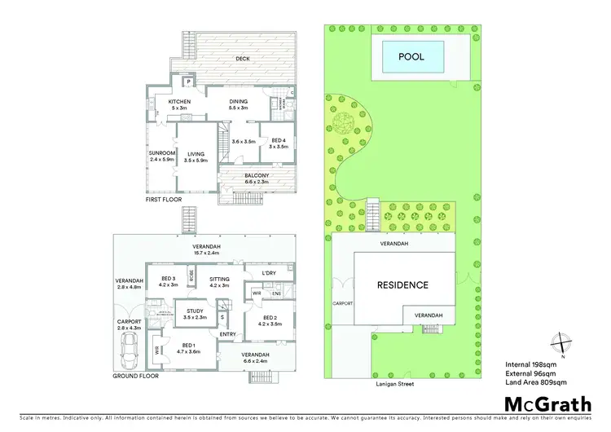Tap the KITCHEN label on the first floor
179,102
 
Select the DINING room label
238,102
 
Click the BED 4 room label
279,140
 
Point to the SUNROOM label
161,153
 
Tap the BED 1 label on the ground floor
189,346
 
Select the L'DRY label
268,272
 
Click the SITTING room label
219,280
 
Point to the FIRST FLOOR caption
165,199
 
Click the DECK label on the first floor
243,59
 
